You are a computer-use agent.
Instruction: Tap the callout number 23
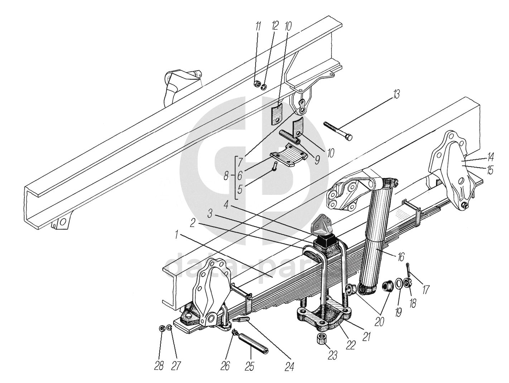pyautogui.click(x=333, y=356)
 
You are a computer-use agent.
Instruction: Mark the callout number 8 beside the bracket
pyautogui.click(x=226, y=176)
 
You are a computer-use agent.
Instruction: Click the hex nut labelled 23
pyautogui.click(x=320, y=338)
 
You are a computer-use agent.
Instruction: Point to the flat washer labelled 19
pyautogui.click(x=398, y=285)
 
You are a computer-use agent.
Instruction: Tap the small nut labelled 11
pyautogui.click(x=256, y=85)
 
